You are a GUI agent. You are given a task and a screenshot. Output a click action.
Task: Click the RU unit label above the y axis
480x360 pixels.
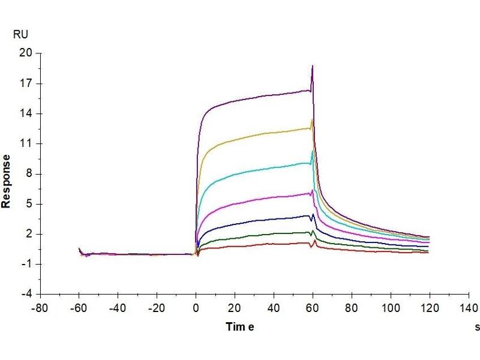pyautogui.click(x=20, y=34)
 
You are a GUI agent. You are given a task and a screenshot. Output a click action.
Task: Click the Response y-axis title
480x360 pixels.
pyautogui.click(x=7, y=181)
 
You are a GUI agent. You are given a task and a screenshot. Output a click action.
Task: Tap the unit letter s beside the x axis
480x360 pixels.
pyautogui.click(x=477, y=327)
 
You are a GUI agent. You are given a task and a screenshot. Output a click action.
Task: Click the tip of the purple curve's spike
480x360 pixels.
pyautogui.click(x=313, y=66)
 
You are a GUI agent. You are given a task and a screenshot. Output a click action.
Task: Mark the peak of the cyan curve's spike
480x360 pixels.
pyautogui.click(x=313, y=151)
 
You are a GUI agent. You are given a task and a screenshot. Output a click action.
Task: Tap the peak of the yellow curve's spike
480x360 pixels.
pyautogui.click(x=312, y=120)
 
